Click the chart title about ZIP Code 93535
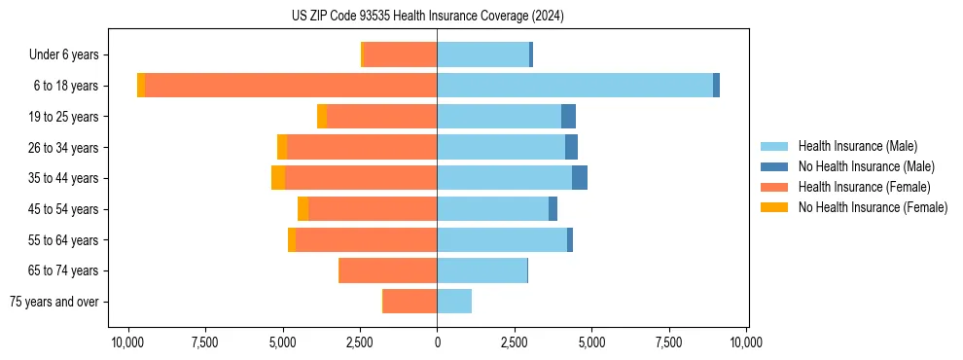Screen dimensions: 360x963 [427, 17]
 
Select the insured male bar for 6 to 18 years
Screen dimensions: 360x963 [574, 86]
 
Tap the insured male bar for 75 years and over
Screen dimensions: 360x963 [454, 302]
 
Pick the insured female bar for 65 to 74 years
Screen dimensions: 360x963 [388, 270]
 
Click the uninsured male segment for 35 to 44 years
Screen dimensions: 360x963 [580, 178]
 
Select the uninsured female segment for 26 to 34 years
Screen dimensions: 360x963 [282, 147]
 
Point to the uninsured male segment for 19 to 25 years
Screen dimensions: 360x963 [569, 117]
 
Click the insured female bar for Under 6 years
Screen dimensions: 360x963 [400, 54]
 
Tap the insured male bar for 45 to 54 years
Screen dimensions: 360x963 [492, 209]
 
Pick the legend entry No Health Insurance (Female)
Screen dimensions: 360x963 [873, 207]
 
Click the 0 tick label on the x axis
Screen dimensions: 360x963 [437, 342]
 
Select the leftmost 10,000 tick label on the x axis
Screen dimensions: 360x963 [127, 342]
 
